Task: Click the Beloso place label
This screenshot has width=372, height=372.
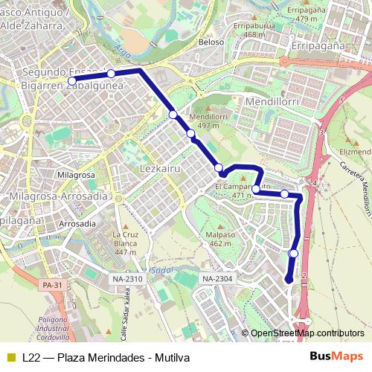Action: tap(211, 42)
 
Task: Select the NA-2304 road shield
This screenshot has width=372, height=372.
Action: tap(217, 278)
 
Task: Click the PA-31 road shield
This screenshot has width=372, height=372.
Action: tap(52, 285)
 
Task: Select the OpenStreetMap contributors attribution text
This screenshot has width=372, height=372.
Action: tap(307, 333)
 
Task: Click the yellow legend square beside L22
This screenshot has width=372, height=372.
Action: tap(10, 358)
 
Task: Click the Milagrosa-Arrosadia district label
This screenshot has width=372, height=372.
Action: tap(58, 196)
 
